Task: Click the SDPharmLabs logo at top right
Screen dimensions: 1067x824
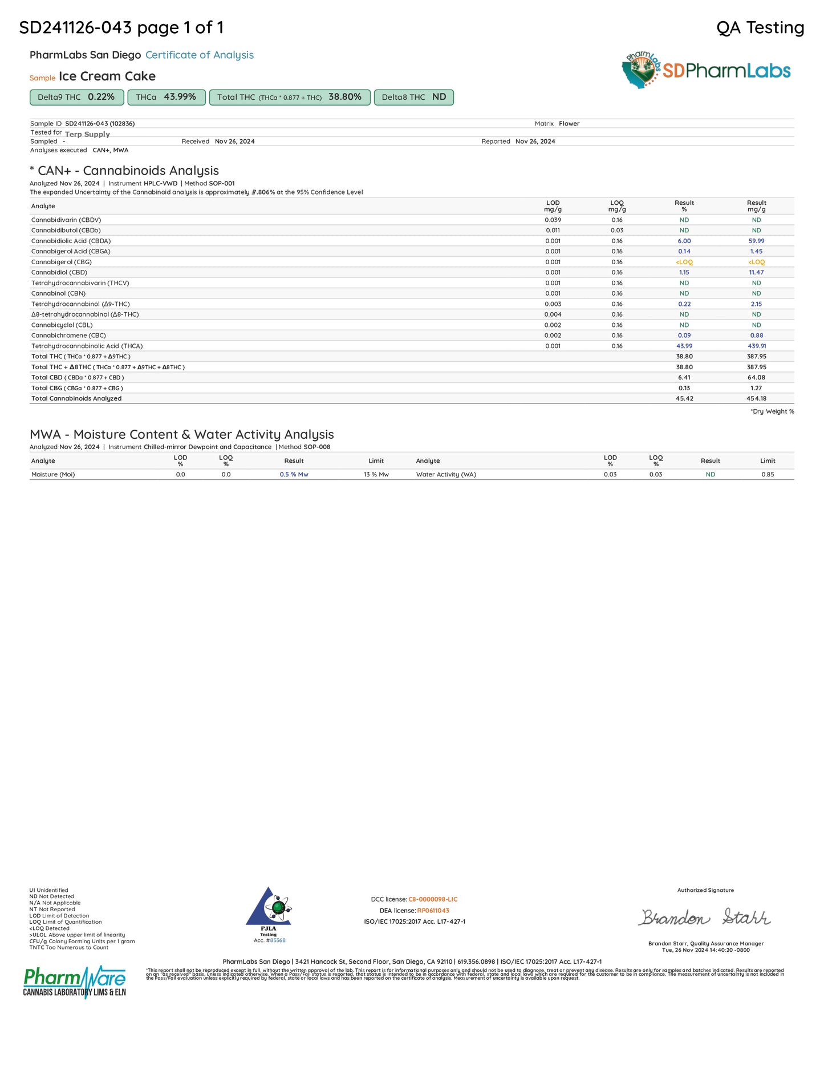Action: point(706,70)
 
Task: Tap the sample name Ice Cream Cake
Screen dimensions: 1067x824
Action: point(107,76)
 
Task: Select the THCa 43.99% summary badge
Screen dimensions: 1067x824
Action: point(166,98)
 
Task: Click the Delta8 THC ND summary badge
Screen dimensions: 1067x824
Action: point(413,98)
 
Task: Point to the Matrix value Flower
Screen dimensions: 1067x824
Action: point(569,124)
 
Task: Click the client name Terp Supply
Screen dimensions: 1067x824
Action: point(87,135)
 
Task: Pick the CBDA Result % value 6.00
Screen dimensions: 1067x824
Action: point(684,241)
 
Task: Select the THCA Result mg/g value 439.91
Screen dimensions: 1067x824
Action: point(757,346)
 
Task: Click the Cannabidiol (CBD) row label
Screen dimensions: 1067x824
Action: point(59,273)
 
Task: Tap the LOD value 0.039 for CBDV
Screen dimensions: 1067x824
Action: point(553,220)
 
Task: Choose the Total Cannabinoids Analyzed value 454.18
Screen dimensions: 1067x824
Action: point(756,399)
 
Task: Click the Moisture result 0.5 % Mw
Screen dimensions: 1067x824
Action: point(294,475)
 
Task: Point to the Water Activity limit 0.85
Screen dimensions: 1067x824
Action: point(768,475)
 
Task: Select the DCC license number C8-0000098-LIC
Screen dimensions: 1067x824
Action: point(433,900)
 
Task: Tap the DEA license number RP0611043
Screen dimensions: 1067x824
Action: point(433,911)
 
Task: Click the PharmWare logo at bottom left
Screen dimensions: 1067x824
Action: point(74,981)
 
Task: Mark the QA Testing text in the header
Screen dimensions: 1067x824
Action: point(760,27)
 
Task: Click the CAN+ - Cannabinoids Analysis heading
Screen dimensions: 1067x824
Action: point(128,171)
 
